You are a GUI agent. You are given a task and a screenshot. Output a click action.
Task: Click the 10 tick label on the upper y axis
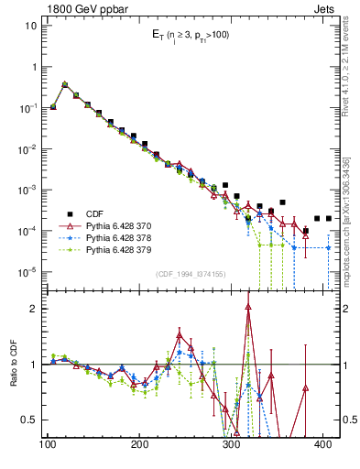click(30, 26)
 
